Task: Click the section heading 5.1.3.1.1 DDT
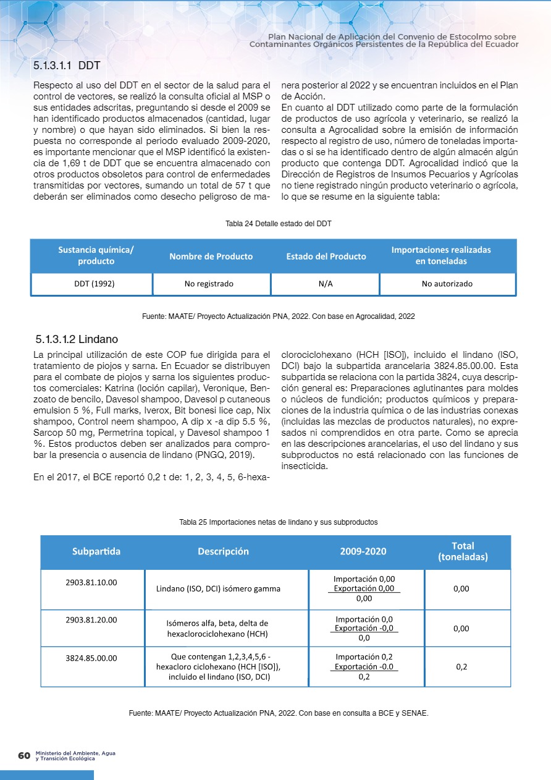(67, 66)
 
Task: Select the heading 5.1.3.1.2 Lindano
(77, 339)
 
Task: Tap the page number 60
(24, 756)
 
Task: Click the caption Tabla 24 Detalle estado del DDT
(279, 223)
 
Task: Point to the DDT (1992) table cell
(91, 284)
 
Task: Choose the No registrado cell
(209, 284)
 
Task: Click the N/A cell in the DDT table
(325, 284)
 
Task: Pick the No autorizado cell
(447, 284)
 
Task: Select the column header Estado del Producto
(326, 256)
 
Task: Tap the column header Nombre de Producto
(211, 256)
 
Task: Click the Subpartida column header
(96, 551)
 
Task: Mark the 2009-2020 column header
(364, 551)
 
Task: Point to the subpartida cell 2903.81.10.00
(91, 582)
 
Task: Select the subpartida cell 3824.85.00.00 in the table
(91, 659)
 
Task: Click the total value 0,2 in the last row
(461, 667)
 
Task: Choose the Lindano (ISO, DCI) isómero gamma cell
(218, 589)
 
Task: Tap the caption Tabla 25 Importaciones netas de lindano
(278, 522)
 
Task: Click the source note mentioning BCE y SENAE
(279, 713)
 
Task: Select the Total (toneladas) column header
(463, 551)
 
